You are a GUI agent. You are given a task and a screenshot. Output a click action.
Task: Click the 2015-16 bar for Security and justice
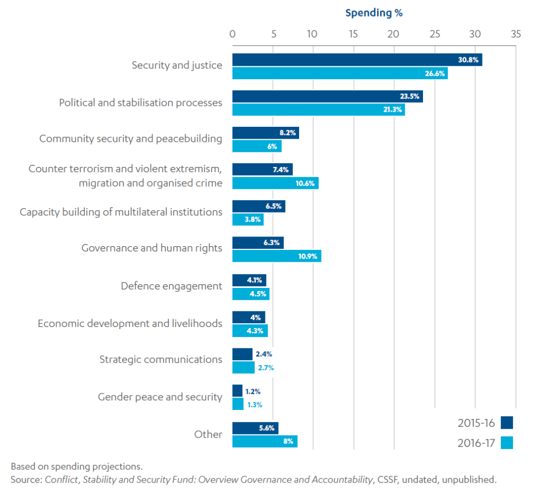click(x=357, y=60)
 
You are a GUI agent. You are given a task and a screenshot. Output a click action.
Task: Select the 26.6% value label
click(x=435, y=74)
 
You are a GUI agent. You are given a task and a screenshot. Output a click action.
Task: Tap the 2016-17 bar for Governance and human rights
click(x=276, y=256)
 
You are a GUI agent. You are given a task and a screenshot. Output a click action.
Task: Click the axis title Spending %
click(x=374, y=13)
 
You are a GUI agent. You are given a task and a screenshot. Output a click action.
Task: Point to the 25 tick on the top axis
click(x=434, y=34)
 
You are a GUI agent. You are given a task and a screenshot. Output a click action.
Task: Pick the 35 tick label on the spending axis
click(x=515, y=34)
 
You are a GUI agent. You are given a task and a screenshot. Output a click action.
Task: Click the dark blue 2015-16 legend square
click(x=507, y=423)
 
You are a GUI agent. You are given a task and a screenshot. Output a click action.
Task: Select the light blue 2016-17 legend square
click(x=507, y=443)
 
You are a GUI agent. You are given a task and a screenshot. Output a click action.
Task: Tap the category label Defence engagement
click(x=171, y=286)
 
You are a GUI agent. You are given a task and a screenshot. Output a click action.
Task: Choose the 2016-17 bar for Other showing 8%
click(x=264, y=441)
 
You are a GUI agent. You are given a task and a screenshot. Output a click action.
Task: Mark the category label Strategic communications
click(x=160, y=359)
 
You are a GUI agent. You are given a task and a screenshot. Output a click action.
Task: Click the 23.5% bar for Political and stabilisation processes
click(x=327, y=96)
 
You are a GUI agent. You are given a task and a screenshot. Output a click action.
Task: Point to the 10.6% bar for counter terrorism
click(x=275, y=183)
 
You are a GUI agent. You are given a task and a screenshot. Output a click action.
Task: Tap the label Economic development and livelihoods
click(x=130, y=324)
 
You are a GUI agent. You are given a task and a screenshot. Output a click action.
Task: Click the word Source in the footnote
click(x=25, y=479)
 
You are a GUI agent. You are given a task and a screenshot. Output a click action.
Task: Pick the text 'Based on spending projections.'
click(x=77, y=466)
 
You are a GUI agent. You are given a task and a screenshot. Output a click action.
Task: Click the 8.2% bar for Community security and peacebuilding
click(x=265, y=133)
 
